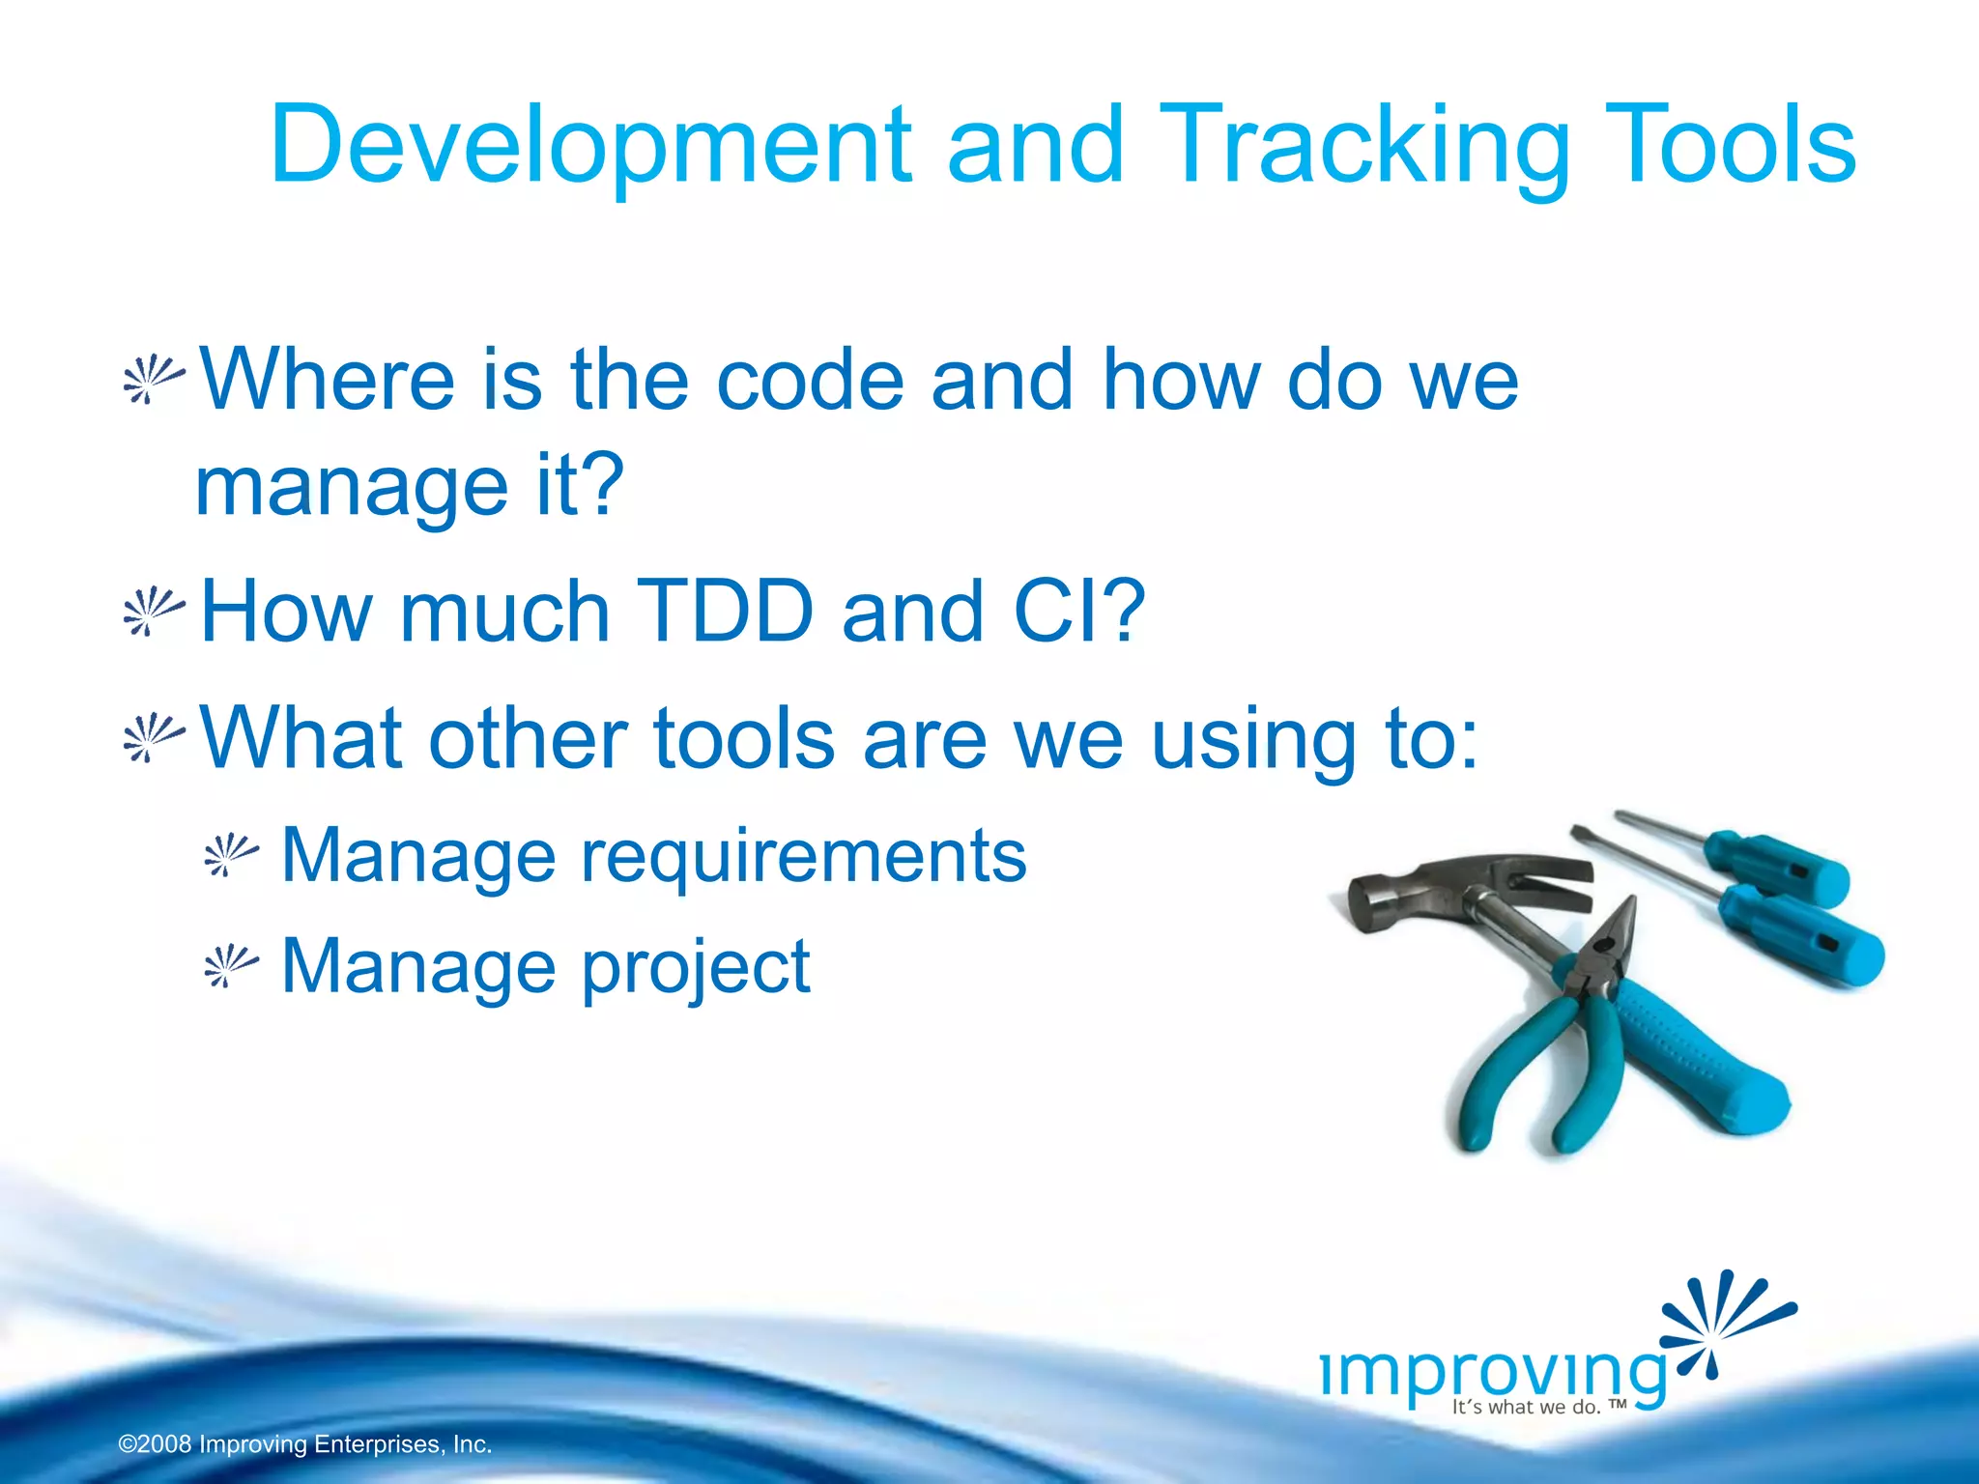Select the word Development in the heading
click(589, 147)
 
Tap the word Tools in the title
click(1730, 147)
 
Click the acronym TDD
click(726, 612)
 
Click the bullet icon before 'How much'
click(153, 612)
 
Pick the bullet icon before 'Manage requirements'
click(231, 855)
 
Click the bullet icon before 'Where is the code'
click(153, 381)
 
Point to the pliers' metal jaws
click(1609, 942)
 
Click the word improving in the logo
click(1493, 1372)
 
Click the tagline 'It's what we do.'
click(1527, 1407)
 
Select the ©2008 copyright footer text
click(305, 1444)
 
